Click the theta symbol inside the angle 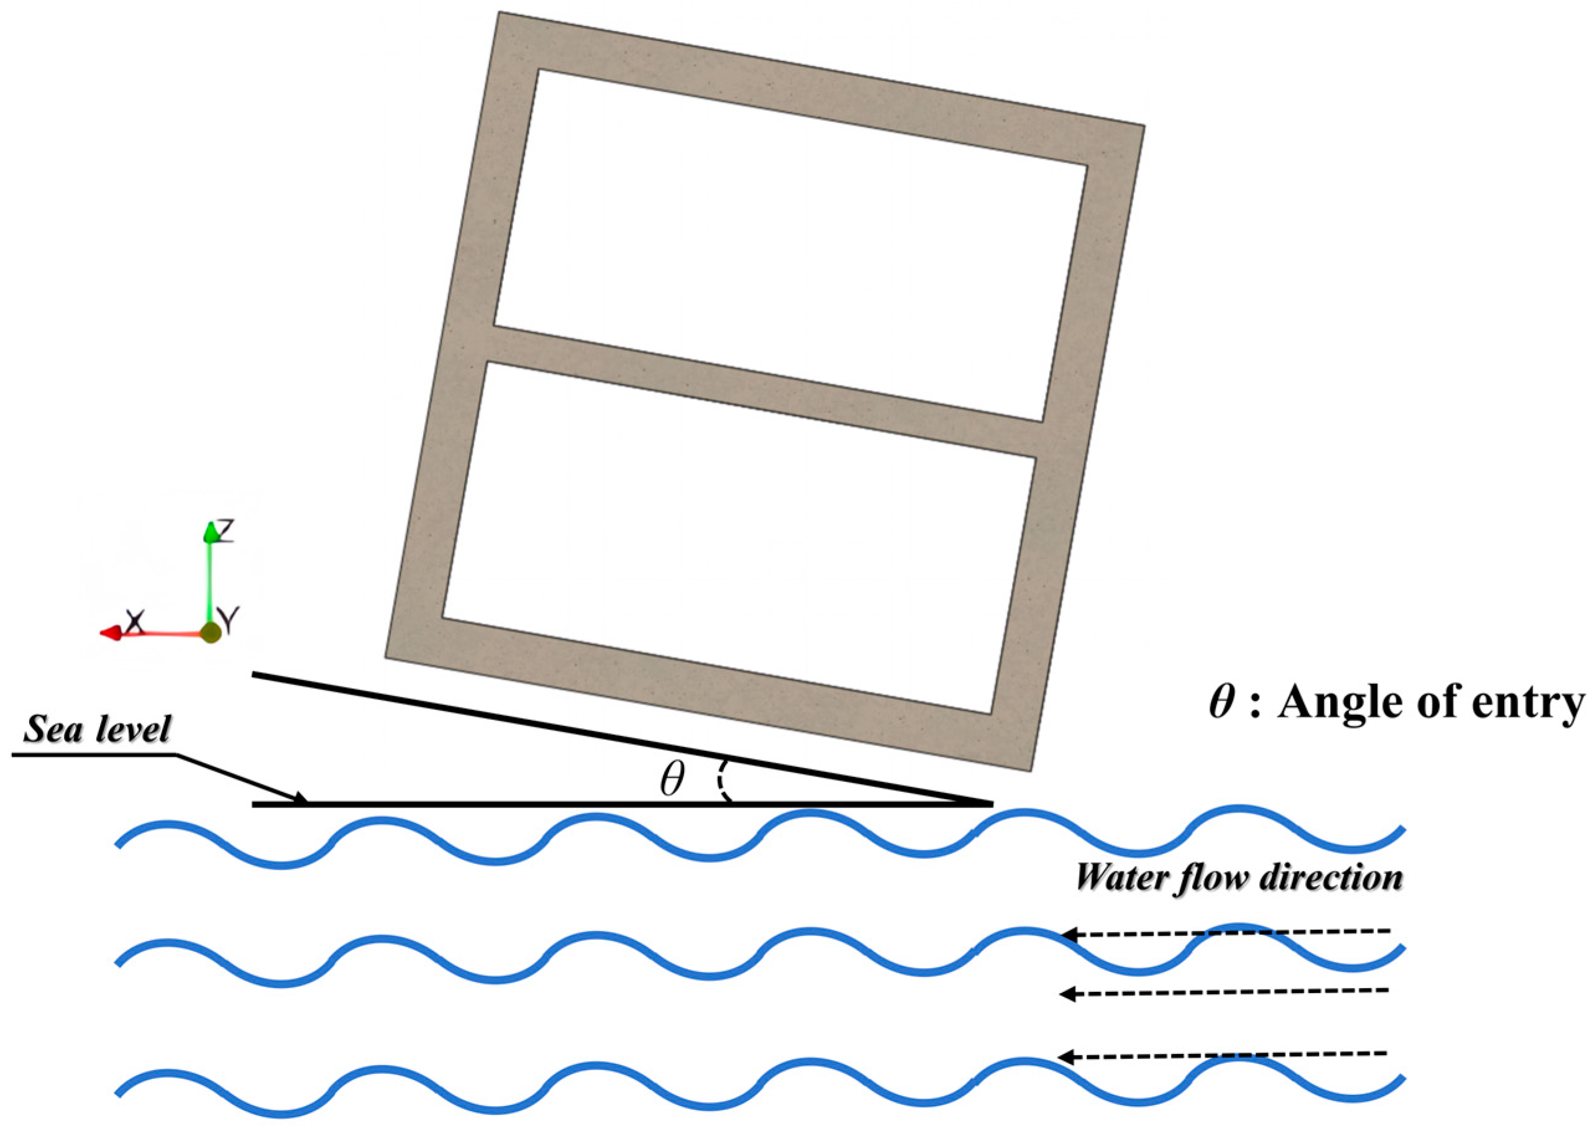coord(672,779)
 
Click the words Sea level coord(97,730)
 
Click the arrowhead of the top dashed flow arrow coord(1067,935)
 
